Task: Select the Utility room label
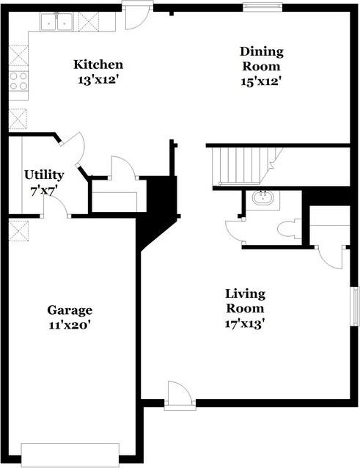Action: tap(44, 175)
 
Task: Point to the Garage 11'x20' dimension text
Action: tap(69, 323)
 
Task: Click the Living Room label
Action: tap(245, 301)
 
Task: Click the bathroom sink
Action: tap(260, 198)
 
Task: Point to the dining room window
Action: tap(262, 8)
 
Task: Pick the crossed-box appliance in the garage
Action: tap(18, 230)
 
